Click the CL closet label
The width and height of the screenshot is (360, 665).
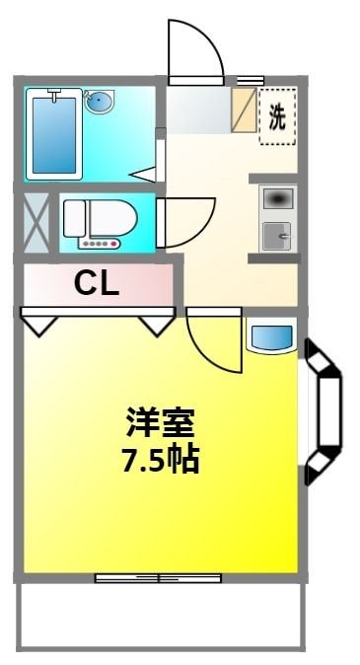(x=97, y=285)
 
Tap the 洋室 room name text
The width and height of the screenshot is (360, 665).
(x=160, y=424)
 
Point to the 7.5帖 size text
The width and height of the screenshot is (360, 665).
(x=160, y=460)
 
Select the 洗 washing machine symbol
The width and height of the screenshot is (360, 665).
(x=277, y=116)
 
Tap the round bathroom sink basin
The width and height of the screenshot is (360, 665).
(x=99, y=102)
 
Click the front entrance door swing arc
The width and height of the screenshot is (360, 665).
(x=193, y=49)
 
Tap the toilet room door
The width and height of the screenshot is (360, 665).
(x=185, y=223)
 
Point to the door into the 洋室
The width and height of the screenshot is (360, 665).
(x=213, y=339)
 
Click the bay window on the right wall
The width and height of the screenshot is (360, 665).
(x=324, y=411)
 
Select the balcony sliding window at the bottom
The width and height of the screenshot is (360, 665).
(x=159, y=577)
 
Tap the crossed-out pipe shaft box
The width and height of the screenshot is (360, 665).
(x=36, y=221)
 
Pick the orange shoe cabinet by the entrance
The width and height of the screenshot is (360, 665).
(x=243, y=110)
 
